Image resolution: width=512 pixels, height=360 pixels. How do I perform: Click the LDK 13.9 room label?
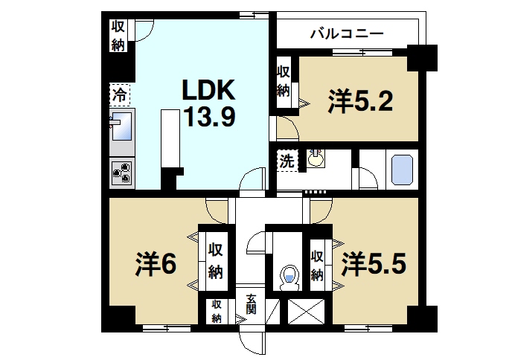[x=210, y=103]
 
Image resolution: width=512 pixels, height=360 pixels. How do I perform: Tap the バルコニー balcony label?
[x=346, y=33]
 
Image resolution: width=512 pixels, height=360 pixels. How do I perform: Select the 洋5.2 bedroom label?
[x=361, y=100]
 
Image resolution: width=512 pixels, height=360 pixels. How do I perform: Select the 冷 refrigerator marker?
[x=119, y=94]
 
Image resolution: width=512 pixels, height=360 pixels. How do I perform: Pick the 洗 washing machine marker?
[x=287, y=159]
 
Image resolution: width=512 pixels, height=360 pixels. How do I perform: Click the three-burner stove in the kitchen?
[x=121, y=173]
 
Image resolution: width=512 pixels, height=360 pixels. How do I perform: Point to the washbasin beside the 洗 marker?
[x=316, y=158]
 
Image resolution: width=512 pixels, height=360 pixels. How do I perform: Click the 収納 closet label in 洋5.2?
[x=284, y=81]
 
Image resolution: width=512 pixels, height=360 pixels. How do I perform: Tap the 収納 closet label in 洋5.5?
[x=318, y=266]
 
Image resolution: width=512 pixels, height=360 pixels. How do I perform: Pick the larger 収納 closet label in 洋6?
[x=215, y=260]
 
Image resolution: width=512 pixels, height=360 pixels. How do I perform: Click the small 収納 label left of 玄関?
[x=216, y=310]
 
